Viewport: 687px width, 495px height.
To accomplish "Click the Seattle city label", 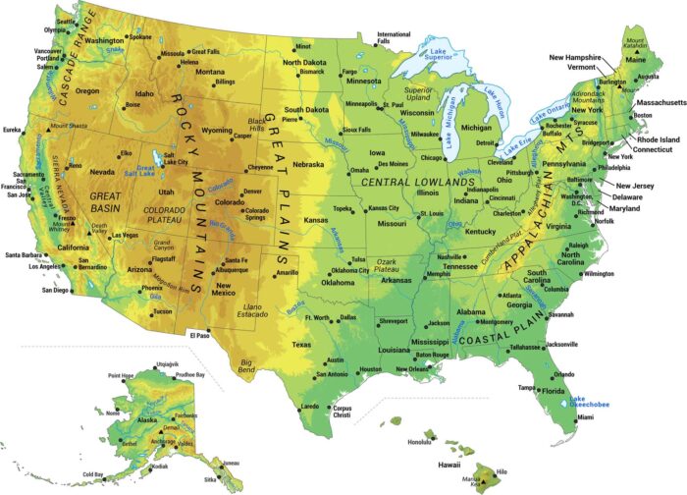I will pyautogui.click(x=65, y=20).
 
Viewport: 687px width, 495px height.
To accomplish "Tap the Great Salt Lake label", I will pyautogui.click(x=146, y=170).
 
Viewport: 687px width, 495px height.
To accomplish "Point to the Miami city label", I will pyautogui.click(x=585, y=417).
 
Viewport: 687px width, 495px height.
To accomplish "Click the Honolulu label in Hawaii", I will pyautogui.click(x=418, y=442).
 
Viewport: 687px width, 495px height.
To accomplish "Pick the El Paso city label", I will pyautogui.click(x=200, y=335).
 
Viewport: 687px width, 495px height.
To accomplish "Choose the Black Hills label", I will pyautogui.click(x=255, y=126).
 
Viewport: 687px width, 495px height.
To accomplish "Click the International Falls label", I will pyautogui.click(x=394, y=38).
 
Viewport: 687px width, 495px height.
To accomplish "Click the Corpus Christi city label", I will pyautogui.click(x=342, y=412).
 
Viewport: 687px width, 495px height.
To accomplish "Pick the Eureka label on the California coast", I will pyautogui.click(x=13, y=130).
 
